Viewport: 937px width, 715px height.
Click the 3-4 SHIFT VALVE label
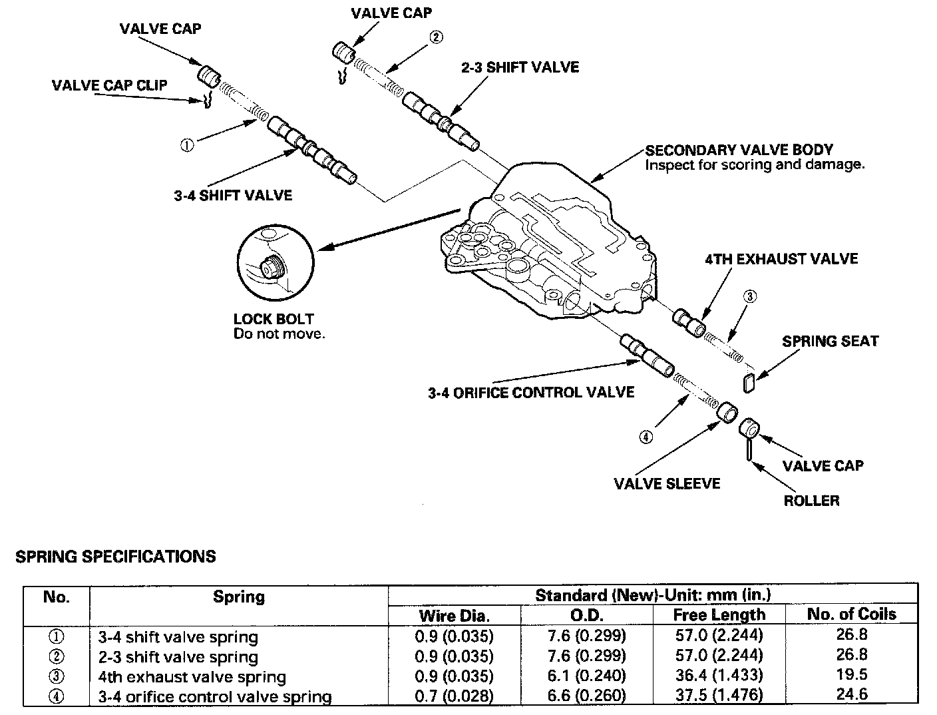click(233, 195)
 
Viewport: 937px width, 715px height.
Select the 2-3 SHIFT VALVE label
click(521, 67)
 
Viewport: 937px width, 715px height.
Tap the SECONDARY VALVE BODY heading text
click(739, 150)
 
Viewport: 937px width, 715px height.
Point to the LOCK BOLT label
click(274, 319)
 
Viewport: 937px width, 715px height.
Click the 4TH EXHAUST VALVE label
click(781, 259)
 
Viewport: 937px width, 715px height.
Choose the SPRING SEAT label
click(830, 342)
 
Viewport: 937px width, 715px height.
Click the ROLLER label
click(811, 501)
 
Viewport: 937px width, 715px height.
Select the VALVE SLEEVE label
click(667, 483)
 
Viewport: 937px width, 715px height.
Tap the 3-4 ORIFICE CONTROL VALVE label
click(531, 392)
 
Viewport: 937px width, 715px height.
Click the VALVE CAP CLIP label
click(110, 85)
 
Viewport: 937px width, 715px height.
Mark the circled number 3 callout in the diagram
click(749, 297)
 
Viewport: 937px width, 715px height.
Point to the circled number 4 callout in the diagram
click(646, 437)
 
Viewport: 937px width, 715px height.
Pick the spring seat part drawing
click(749, 382)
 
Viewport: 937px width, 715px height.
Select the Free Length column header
click(719, 614)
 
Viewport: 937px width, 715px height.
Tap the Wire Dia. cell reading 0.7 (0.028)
click(454, 696)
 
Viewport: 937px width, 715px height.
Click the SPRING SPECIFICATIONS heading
click(116, 557)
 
